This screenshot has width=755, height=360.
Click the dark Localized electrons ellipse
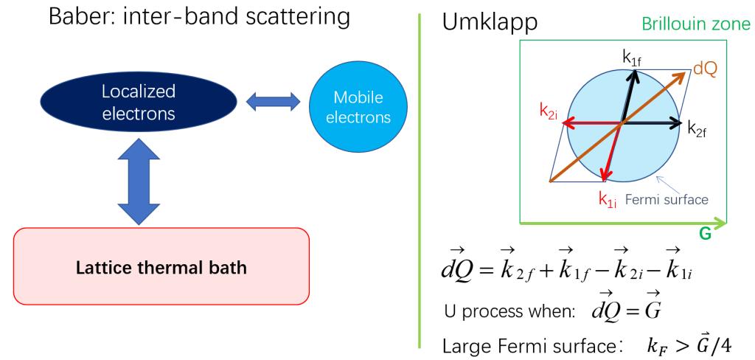tap(138, 102)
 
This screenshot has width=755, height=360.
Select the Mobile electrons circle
tap(358, 106)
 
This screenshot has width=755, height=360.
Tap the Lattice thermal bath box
tap(161, 266)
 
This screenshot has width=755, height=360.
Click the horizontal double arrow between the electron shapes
tap(273, 102)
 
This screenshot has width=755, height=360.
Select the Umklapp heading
tap(490, 24)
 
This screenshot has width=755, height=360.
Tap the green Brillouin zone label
tap(694, 24)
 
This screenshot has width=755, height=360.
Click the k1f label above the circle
tap(632, 58)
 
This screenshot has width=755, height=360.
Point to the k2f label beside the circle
tap(697, 128)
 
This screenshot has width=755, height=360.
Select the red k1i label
tap(608, 198)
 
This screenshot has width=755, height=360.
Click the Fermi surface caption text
tap(667, 199)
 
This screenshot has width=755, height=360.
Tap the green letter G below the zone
tap(705, 235)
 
